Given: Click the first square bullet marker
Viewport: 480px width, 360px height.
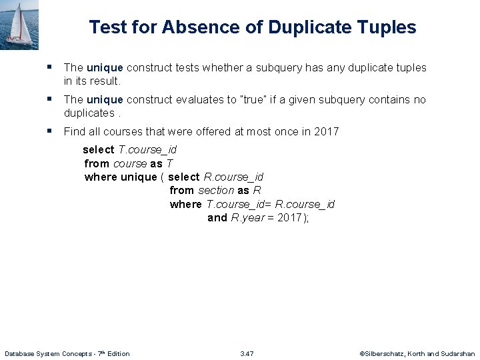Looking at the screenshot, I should tap(50, 67).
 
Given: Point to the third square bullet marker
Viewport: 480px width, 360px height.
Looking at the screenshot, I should tap(50, 131).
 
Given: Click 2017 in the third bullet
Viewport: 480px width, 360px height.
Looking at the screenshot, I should tap(327, 131).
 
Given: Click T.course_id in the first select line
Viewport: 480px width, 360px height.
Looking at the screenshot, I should tap(147, 150).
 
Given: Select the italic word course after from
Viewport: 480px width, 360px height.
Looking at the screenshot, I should tap(130, 163).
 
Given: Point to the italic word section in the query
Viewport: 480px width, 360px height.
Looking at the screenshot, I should tap(216, 191).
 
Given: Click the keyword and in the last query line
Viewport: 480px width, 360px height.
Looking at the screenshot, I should tap(217, 218).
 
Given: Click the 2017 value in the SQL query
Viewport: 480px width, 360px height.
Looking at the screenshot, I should tap(289, 218).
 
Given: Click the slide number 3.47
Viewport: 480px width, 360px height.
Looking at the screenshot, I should tap(247, 353).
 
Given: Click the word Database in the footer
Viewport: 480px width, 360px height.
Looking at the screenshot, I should tap(21, 353).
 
